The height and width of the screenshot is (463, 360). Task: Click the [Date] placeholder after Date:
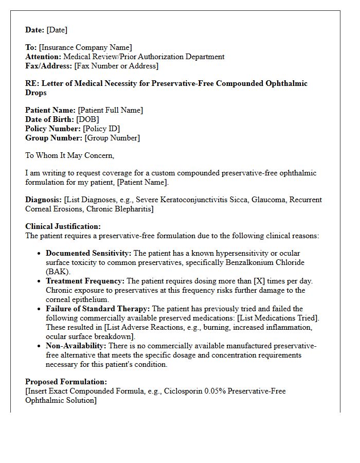57,30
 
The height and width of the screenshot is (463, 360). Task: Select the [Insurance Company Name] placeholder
85,48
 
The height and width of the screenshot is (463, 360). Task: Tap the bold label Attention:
43,57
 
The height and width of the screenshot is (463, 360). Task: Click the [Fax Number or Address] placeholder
116,66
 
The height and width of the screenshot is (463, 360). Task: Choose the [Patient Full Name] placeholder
110,111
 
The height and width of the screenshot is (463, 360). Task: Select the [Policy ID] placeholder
101,129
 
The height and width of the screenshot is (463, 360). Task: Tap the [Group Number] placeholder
112,138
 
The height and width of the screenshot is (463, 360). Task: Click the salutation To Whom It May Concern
70,155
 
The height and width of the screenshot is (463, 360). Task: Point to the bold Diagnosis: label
43,200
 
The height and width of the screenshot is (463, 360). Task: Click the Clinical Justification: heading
63,227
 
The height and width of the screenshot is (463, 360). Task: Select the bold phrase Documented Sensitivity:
88,254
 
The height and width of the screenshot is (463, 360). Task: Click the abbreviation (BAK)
59,272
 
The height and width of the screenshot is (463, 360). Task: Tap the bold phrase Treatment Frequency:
85,281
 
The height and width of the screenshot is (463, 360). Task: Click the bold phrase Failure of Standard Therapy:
98,309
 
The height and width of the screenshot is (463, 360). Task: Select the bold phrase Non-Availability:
76,346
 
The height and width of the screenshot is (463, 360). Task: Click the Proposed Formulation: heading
66,382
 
